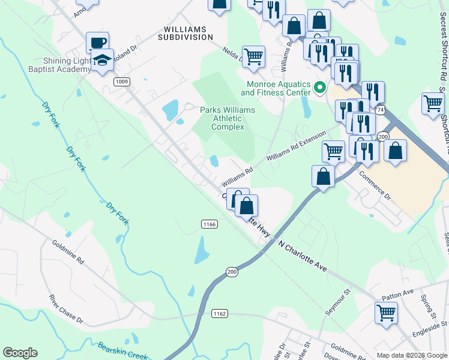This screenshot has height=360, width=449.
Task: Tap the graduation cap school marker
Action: click(102, 61)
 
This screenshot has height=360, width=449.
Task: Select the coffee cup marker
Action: click(97, 43)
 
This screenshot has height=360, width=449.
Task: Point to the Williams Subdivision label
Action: click(185, 33)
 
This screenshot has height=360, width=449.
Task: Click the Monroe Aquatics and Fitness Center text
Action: click(276, 88)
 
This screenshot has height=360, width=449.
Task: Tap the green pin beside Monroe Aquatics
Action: click(320, 88)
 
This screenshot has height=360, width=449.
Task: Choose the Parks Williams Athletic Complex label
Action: click(228, 118)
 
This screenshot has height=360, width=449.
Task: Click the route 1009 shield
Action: click(122, 82)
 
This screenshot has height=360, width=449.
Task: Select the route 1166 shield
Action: click(209, 224)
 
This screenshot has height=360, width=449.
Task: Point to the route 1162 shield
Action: click(220, 313)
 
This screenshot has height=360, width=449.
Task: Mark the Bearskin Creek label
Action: click(122, 351)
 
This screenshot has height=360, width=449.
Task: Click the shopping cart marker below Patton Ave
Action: click(386, 312)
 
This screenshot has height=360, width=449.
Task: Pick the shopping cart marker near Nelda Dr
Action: click(253, 56)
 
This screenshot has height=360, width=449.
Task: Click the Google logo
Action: click(20, 353)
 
